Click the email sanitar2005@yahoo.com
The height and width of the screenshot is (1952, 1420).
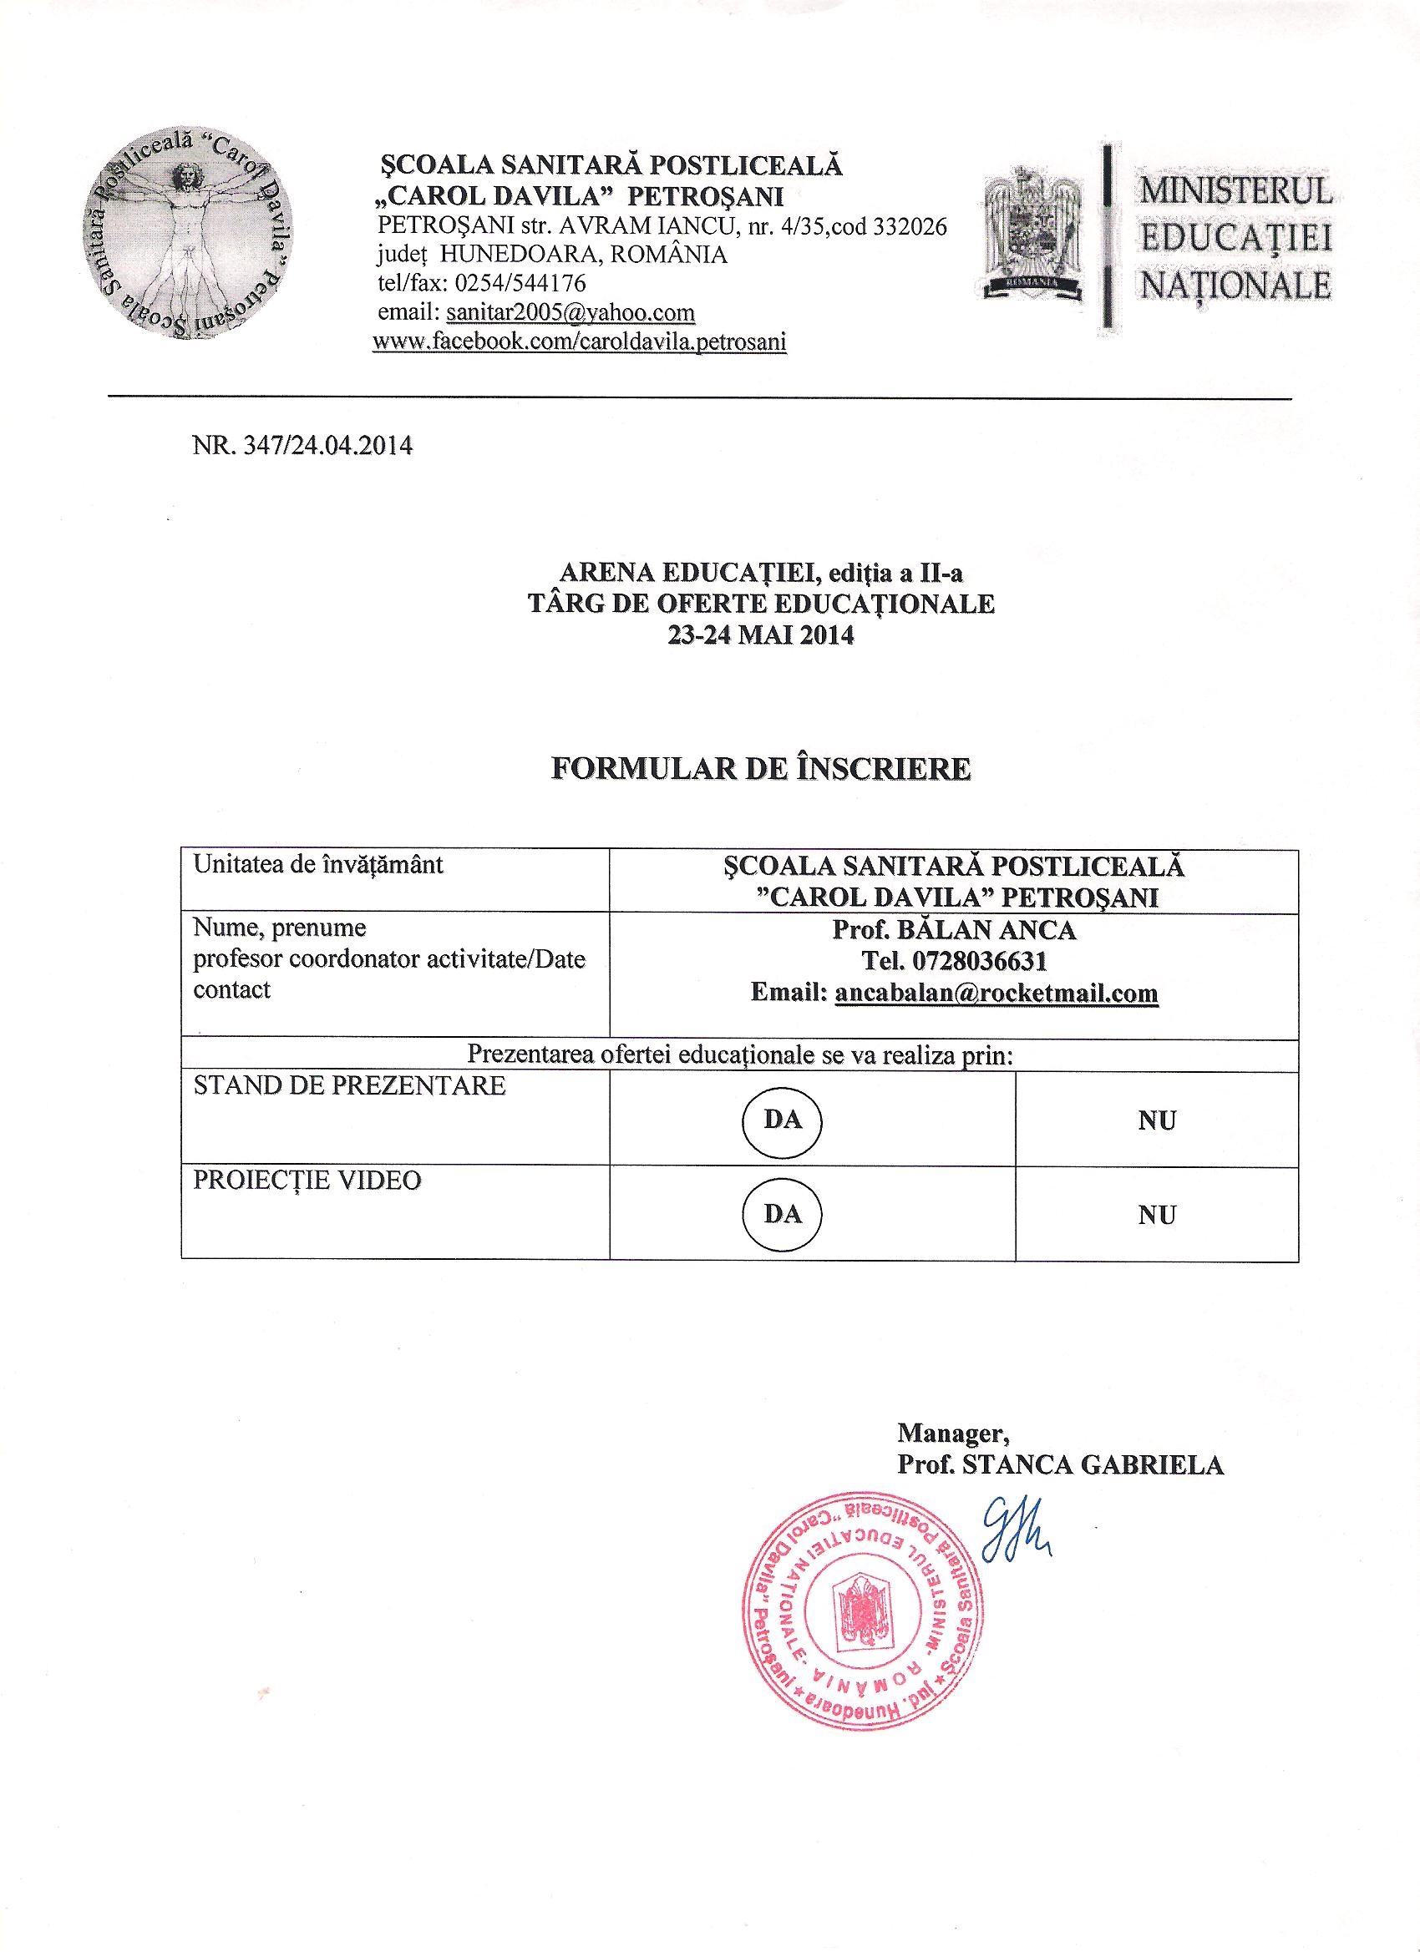click(x=570, y=311)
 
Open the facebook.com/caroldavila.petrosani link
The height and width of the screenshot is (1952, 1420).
click(x=580, y=341)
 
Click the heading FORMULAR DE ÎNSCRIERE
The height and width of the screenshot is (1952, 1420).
click(x=761, y=768)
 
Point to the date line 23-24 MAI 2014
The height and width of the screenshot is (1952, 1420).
click(x=761, y=638)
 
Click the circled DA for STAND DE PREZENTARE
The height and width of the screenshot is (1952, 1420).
click(x=782, y=1119)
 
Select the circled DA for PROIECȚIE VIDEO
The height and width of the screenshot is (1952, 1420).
click(x=782, y=1214)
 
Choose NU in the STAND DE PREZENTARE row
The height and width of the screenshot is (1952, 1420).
click(x=1157, y=1120)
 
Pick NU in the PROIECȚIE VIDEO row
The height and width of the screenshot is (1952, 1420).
click(x=1157, y=1216)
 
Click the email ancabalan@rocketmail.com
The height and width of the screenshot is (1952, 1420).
click(x=997, y=994)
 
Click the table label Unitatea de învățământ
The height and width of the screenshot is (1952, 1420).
click(x=318, y=864)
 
